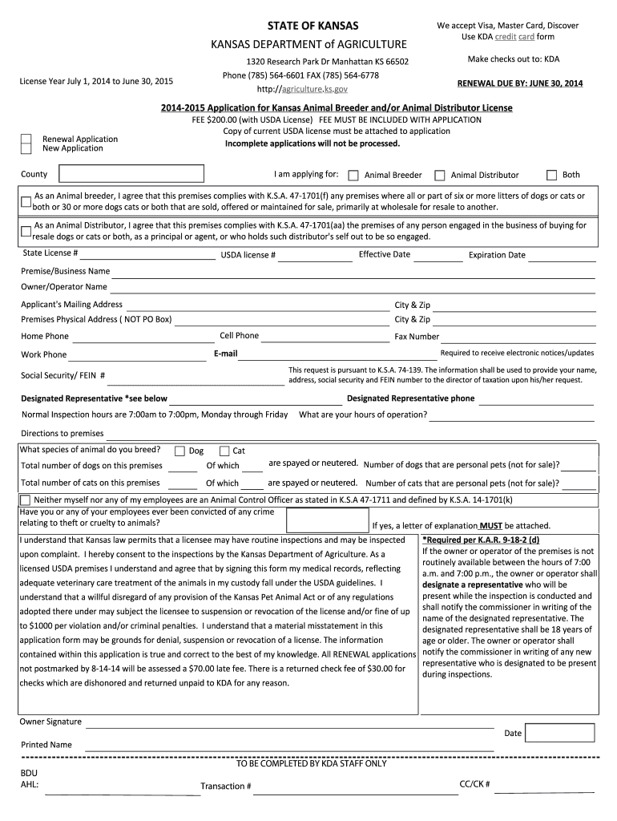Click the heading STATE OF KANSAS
point(313,26)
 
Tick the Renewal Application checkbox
point(26,139)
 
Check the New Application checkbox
point(26,148)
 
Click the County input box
point(131,174)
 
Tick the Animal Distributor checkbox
point(439,175)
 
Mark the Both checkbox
point(551,175)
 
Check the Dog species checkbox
point(179,451)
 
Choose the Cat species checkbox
point(224,451)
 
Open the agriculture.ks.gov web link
point(313,90)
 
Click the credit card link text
point(515,37)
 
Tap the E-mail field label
point(225,354)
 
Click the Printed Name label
point(46,745)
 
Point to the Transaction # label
point(226,786)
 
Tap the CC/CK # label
point(474,783)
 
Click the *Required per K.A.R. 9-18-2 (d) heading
point(481,540)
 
